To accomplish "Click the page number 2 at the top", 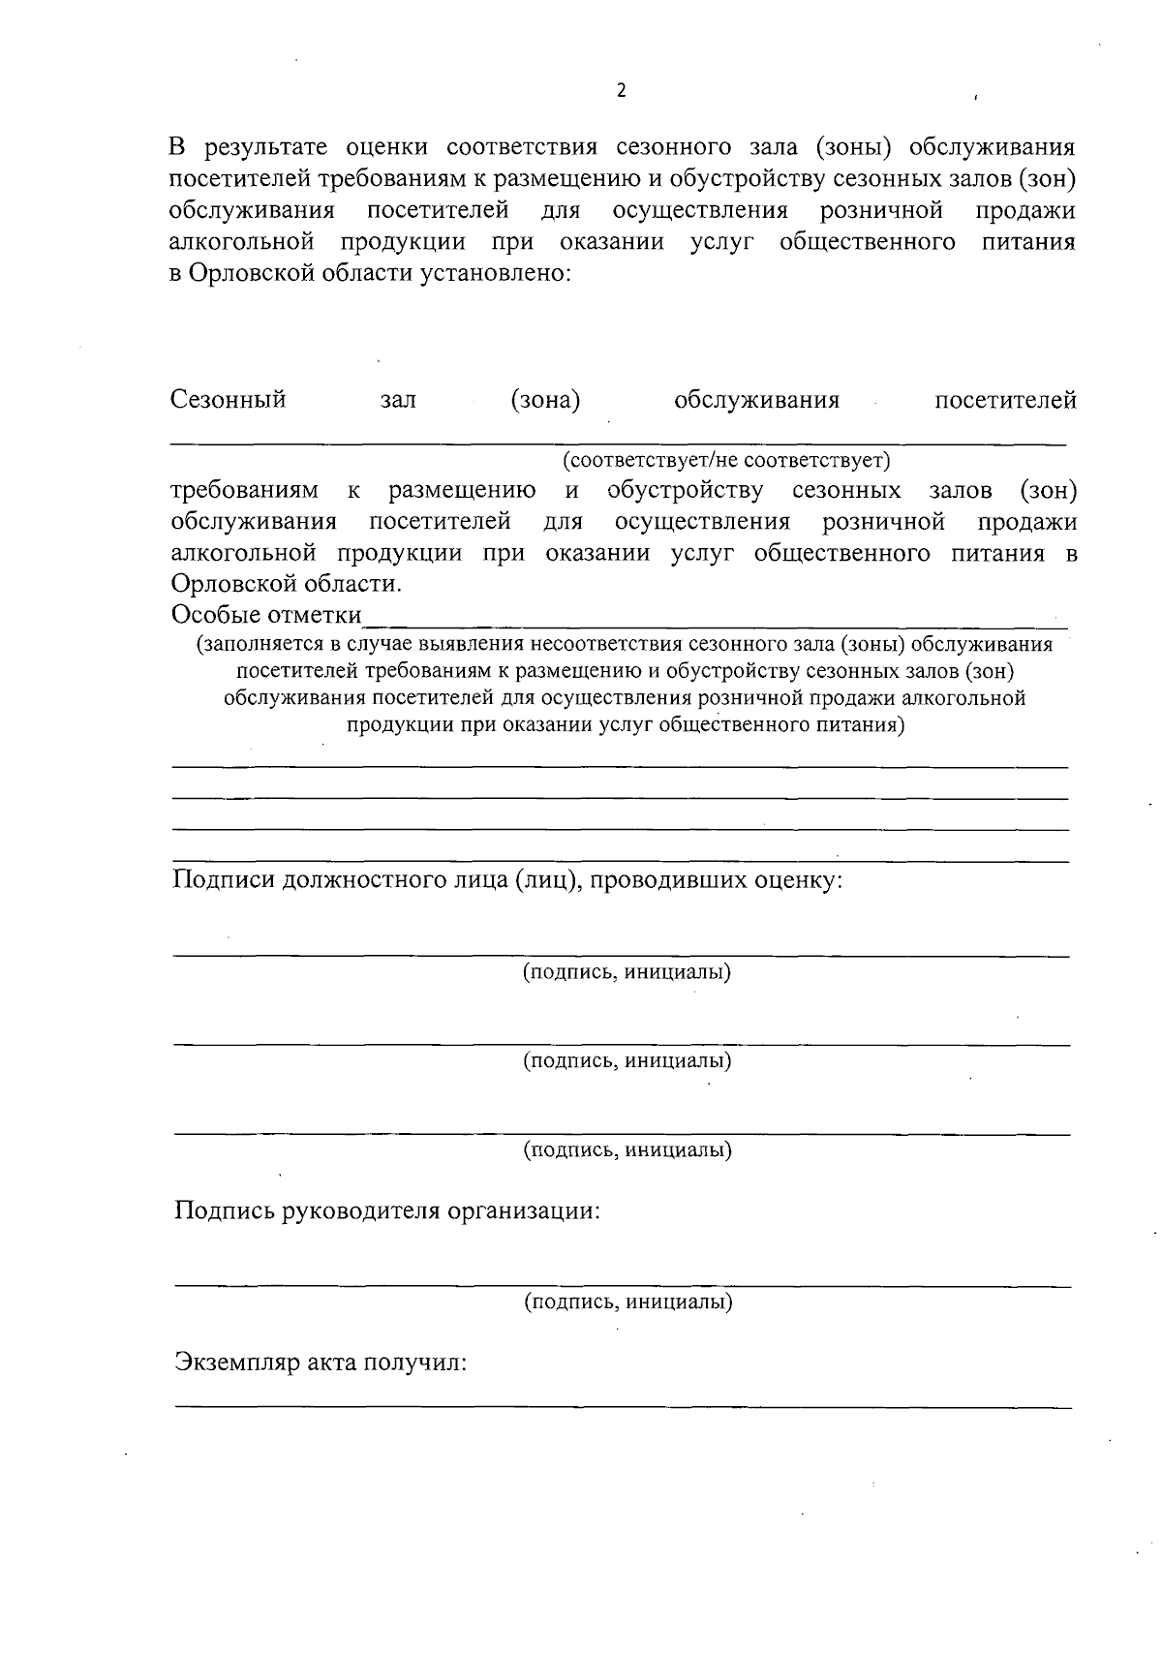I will click(621, 91).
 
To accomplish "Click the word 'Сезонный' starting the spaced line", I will click(229, 400).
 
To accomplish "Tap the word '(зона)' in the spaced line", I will click(545, 400).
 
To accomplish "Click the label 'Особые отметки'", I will click(266, 615).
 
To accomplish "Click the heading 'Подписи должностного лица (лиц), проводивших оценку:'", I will click(507, 880).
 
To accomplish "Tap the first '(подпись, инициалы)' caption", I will click(627, 971).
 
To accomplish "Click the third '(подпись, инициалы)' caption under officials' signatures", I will click(627, 1150).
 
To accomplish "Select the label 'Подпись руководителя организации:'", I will click(387, 1211).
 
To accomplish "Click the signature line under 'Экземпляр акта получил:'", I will click(623, 1405).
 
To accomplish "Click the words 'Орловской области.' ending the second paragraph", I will click(286, 585).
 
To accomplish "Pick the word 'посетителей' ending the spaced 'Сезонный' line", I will click(1005, 400).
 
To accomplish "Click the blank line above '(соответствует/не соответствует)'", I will click(620, 444).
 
